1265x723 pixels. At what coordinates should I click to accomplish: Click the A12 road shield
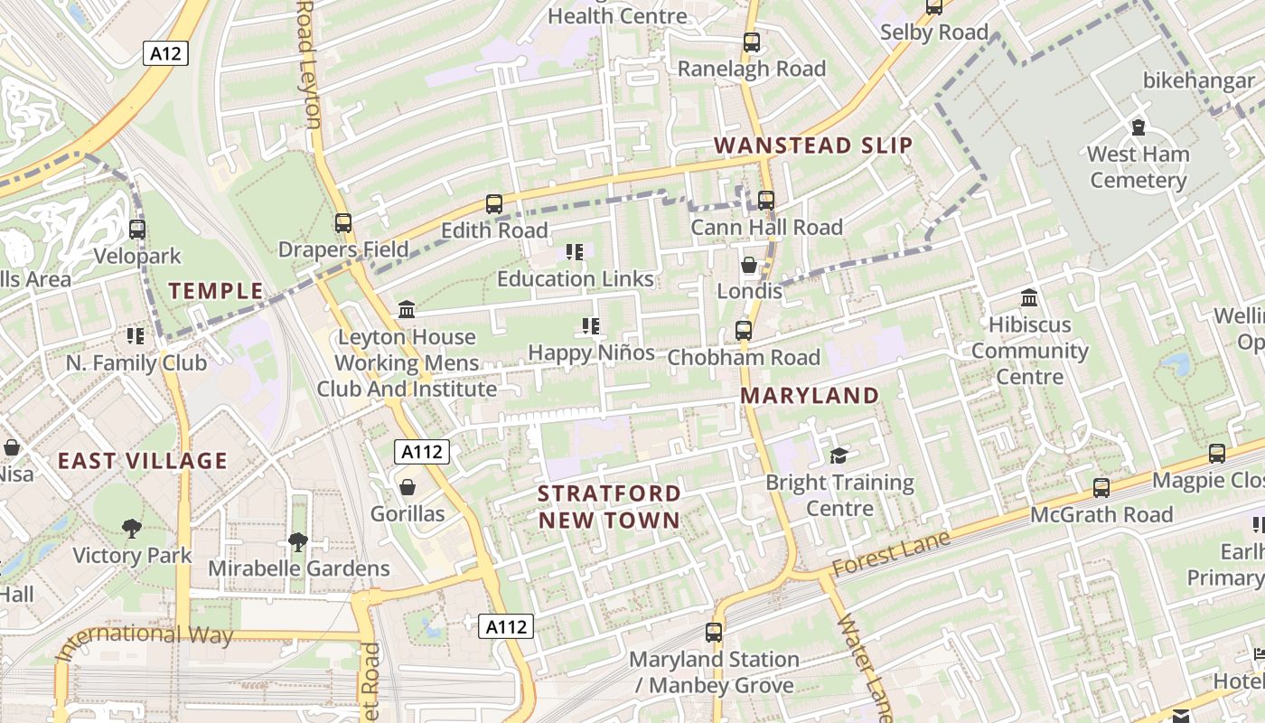click(165, 53)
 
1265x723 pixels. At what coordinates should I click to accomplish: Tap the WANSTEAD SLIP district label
click(813, 146)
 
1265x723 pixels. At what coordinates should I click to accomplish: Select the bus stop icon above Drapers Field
click(343, 222)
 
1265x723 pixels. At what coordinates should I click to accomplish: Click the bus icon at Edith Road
click(494, 204)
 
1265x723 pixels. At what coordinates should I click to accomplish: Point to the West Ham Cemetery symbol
click(1138, 128)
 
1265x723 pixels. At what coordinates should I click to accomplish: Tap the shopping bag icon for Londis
click(749, 265)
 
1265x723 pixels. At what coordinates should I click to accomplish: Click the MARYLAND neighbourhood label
click(810, 396)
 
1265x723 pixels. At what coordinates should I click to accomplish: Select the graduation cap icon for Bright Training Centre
click(839, 455)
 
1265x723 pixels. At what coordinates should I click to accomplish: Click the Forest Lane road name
click(891, 553)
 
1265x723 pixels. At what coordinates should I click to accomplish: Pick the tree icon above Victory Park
click(132, 528)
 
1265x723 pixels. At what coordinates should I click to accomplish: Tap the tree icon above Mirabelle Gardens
click(298, 541)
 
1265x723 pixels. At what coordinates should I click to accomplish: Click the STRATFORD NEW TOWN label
click(609, 506)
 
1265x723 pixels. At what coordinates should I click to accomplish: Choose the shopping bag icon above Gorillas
click(408, 487)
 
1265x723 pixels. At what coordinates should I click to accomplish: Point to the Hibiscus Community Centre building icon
click(1029, 298)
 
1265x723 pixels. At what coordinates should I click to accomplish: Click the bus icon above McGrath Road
click(1101, 488)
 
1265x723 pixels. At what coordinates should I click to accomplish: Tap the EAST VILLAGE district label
click(143, 461)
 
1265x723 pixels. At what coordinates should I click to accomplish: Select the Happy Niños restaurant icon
click(591, 325)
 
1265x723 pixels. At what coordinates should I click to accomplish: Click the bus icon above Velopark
click(137, 230)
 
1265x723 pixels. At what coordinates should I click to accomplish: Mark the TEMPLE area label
click(216, 291)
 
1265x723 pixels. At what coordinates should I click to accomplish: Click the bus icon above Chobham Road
click(744, 331)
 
